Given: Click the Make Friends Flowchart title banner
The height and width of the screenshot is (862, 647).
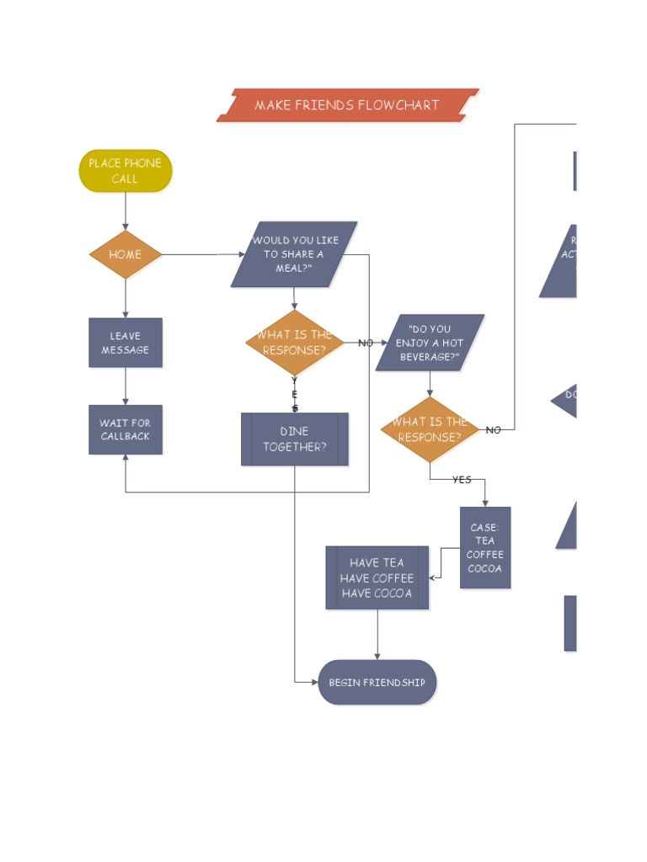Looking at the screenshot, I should pyautogui.click(x=347, y=105).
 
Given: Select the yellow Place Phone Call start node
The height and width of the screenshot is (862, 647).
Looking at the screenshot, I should pyautogui.click(x=126, y=171).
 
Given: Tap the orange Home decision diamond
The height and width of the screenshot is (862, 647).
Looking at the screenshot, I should pyautogui.click(x=126, y=254).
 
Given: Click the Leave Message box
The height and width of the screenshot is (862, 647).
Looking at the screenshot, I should pyautogui.click(x=126, y=343).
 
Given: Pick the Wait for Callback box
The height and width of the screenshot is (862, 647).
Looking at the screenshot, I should pyautogui.click(x=126, y=429).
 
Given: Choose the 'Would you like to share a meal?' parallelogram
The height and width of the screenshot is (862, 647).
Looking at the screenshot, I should pyautogui.click(x=294, y=254).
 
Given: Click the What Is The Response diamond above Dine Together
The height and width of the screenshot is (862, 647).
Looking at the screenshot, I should pyautogui.click(x=294, y=343).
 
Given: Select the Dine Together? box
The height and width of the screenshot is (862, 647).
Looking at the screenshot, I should pyautogui.click(x=294, y=439).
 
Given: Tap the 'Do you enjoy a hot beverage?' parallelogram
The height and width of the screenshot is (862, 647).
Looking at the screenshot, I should pyautogui.click(x=430, y=343).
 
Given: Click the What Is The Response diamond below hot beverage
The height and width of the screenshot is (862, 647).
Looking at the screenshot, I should pyautogui.click(x=430, y=429).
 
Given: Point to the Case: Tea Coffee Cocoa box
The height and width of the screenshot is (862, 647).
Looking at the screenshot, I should pyautogui.click(x=485, y=547).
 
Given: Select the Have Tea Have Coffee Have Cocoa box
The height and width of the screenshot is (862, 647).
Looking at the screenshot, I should pyautogui.click(x=377, y=577).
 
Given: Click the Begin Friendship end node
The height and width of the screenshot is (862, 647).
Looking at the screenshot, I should pyautogui.click(x=377, y=682).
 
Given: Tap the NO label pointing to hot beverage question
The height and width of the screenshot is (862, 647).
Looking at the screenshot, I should pyautogui.click(x=366, y=343).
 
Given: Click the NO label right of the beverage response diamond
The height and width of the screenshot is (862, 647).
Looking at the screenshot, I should pyautogui.click(x=494, y=430).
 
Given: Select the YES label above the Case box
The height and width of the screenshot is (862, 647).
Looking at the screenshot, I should pyautogui.click(x=462, y=480).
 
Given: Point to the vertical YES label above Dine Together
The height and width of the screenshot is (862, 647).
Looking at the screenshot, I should pyautogui.click(x=295, y=394).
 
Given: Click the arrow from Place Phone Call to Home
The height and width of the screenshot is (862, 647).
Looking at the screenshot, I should pyautogui.click(x=126, y=211).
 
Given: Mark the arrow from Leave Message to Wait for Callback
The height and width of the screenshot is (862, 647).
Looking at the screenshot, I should pyautogui.click(x=126, y=386).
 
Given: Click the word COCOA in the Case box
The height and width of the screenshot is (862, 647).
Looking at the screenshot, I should pyautogui.click(x=485, y=569).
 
